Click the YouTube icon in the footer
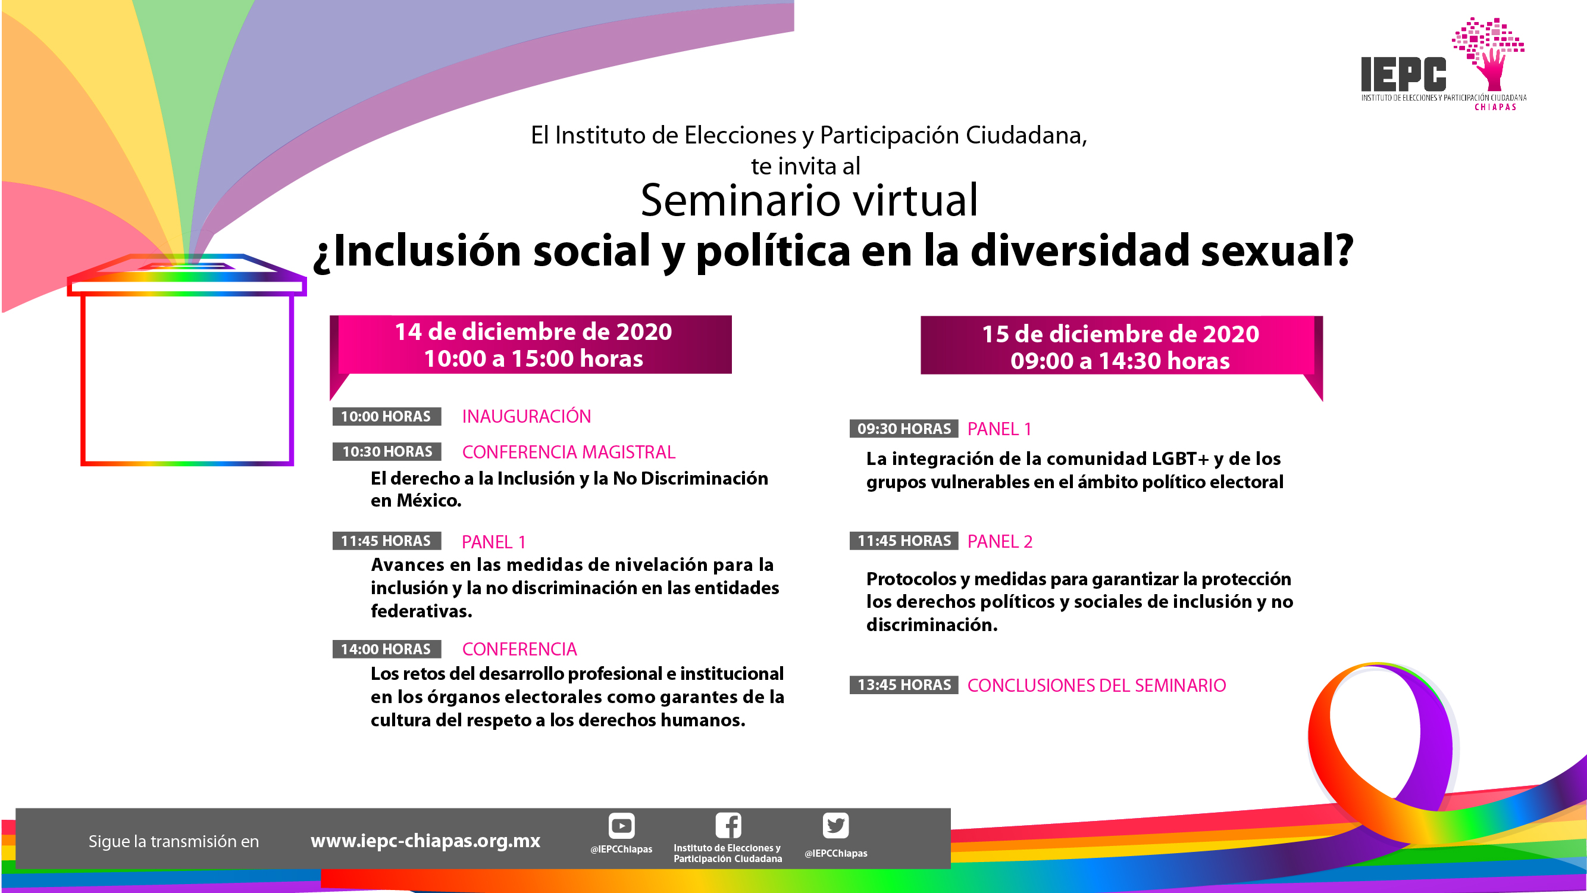(x=621, y=826)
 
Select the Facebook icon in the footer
(x=728, y=825)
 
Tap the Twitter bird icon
(x=835, y=826)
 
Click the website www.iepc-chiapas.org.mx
(x=425, y=841)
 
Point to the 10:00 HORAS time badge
(x=386, y=417)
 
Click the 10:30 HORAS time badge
(x=387, y=452)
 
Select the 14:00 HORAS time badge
(x=386, y=649)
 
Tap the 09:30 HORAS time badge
(x=904, y=429)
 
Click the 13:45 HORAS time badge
(x=904, y=685)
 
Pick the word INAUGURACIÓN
(x=527, y=416)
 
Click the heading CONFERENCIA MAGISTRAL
(x=569, y=452)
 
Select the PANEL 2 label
(x=1000, y=541)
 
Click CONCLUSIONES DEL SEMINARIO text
(x=1097, y=685)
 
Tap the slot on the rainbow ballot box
(x=187, y=266)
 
